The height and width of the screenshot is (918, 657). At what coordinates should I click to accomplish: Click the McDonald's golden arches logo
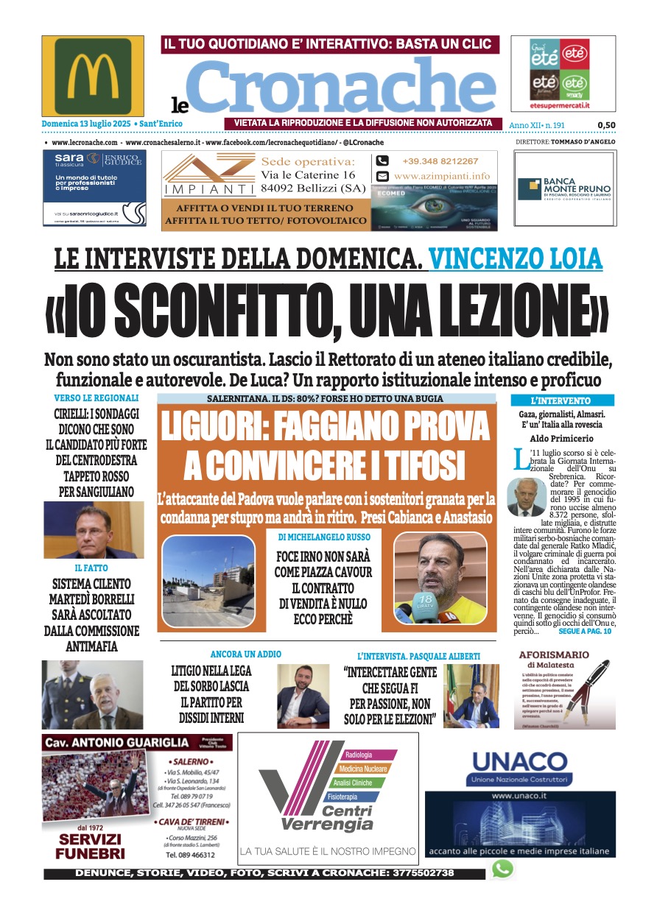click(x=92, y=76)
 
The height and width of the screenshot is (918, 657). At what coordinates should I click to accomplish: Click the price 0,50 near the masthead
click(x=606, y=125)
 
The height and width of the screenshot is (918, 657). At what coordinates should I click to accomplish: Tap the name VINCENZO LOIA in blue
click(x=515, y=258)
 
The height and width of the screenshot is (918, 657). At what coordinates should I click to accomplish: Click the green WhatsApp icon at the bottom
click(x=502, y=869)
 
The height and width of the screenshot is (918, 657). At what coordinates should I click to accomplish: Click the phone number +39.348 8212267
click(x=440, y=161)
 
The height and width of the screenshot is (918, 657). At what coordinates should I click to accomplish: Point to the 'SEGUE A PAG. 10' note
click(x=585, y=632)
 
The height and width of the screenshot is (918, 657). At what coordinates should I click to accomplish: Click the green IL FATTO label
click(x=91, y=568)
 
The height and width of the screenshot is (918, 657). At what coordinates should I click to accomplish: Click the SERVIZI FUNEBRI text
click(x=91, y=846)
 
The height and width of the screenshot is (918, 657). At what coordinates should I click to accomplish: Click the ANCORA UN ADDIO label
click(x=245, y=654)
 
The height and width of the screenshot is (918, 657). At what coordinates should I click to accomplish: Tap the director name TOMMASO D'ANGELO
click(x=586, y=141)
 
